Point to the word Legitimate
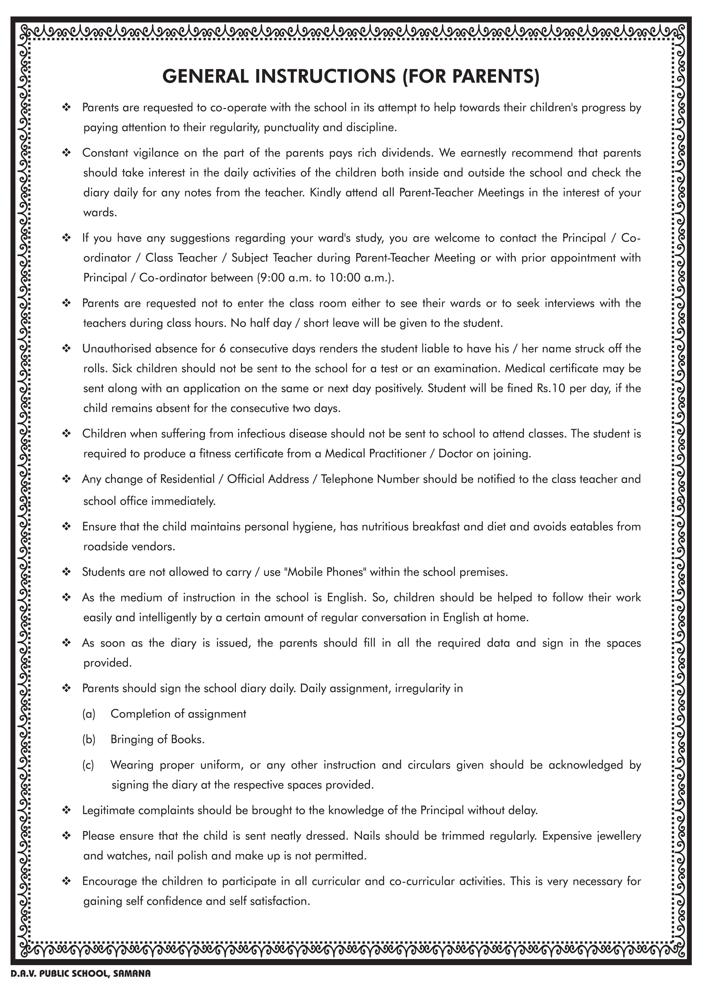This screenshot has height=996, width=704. tap(108, 810)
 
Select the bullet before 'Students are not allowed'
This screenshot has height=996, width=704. tap(67, 572)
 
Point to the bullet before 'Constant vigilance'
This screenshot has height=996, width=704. tap(67, 153)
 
